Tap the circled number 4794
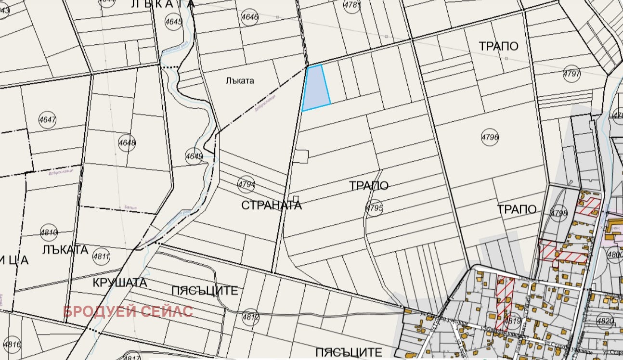[x=247, y=183]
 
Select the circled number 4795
[x=374, y=208]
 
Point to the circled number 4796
[x=490, y=137]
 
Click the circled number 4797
[x=571, y=74]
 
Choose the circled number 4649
[x=194, y=156]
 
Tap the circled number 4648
[x=127, y=143]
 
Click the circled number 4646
[x=250, y=18]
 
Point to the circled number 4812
[x=251, y=317]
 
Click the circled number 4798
[x=559, y=213]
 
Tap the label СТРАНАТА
[x=272, y=206]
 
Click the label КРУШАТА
[x=120, y=283]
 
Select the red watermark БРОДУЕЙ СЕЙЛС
[x=128, y=311]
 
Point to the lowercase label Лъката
[x=239, y=81]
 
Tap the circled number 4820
[x=605, y=321]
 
